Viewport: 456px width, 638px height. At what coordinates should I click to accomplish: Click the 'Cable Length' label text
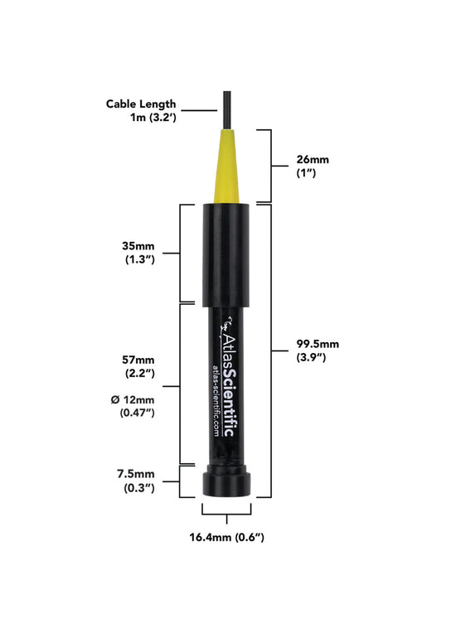141,104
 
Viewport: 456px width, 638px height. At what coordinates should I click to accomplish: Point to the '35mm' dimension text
137,245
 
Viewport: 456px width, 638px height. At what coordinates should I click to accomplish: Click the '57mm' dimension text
137,360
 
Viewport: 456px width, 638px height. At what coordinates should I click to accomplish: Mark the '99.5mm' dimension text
317,344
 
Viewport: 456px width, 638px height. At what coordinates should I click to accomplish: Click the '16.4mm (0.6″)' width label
226,538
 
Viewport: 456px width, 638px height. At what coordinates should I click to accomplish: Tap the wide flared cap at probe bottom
226,483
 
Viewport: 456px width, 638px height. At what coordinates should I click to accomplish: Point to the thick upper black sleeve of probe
226,253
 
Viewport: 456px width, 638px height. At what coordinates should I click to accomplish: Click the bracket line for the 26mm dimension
270,165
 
